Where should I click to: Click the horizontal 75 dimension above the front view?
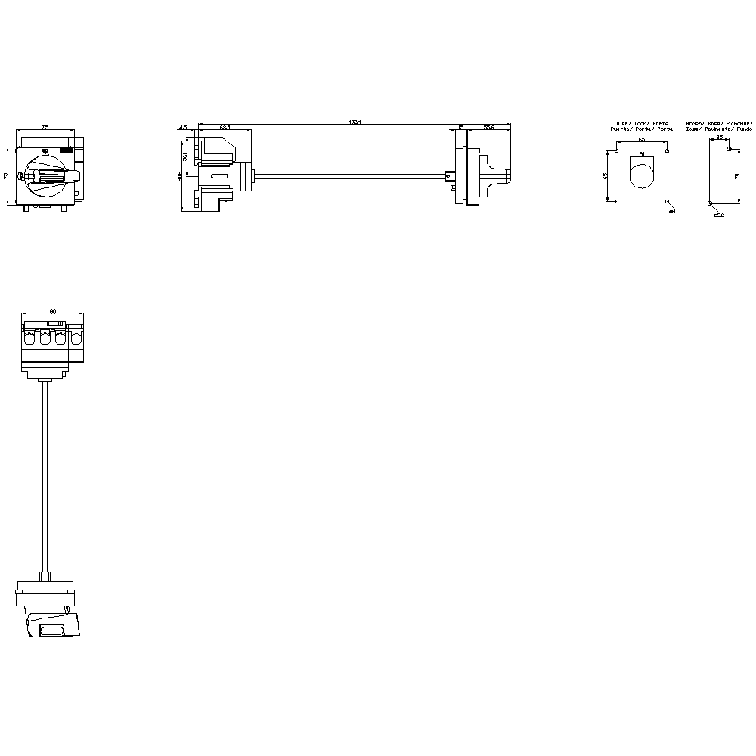pos(45,128)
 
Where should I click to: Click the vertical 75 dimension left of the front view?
pos(6,176)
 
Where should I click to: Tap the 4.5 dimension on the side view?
pos(182,128)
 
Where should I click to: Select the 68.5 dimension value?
pos(225,128)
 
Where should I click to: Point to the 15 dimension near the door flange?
pos(461,128)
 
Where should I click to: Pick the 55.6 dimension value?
pos(488,128)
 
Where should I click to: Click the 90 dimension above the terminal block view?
pos(52,311)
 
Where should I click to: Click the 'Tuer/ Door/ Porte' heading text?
pos(642,123)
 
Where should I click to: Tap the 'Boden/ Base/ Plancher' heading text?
pos(718,123)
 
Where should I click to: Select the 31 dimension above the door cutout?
pos(642,153)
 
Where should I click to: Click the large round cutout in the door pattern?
pos(642,176)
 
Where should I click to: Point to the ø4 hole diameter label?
pos(672,212)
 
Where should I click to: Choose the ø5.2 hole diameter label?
pos(719,215)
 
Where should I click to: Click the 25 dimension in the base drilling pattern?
pos(720,138)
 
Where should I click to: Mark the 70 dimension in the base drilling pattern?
pos(736,176)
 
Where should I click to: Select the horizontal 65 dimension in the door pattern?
pos(641,140)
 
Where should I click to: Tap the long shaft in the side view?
pos(348,177)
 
